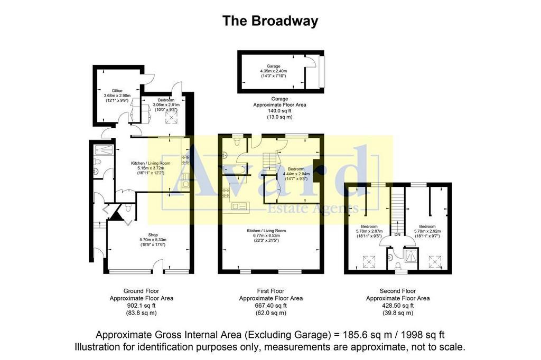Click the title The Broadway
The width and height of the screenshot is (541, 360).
(x=270, y=21)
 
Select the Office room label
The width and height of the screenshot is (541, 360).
(x=117, y=91)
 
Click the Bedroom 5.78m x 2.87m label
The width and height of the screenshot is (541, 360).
(x=368, y=231)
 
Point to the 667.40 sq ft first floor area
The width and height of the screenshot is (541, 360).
(x=270, y=305)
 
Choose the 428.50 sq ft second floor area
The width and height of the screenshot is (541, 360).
(x=397, y=305)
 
